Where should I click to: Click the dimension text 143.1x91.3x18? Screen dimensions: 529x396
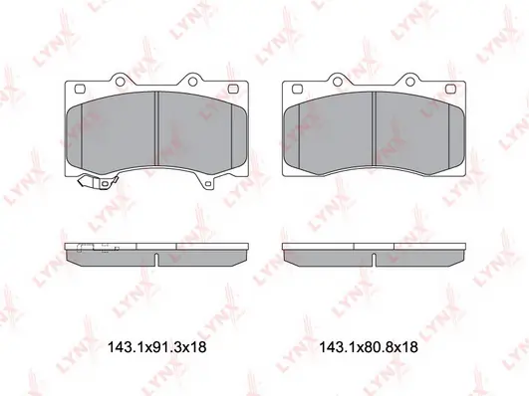pyautogui.click(x=156, y=347)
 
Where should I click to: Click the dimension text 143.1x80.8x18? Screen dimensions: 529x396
pyautogui.click(x=369, y=347)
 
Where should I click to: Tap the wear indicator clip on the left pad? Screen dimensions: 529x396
pyautogui.click(x=98, y=182)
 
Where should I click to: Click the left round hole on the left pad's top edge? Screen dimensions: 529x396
pyautogui.click(x=120, y=82)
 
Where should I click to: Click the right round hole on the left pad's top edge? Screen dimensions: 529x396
pyautogui.click(x=192, y=82)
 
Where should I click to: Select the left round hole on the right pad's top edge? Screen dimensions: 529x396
pyautogui.click(x=337, y=82)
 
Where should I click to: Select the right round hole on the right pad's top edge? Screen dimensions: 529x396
pyautogui.click(x=409, y=82)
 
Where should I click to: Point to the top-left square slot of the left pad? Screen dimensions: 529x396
pyautogui.click(x=80, y=89)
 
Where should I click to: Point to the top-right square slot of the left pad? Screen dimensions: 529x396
pyautogui.click(x=233, y=89)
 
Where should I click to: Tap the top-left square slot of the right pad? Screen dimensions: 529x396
pyautogui.click(x=297, y=89)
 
